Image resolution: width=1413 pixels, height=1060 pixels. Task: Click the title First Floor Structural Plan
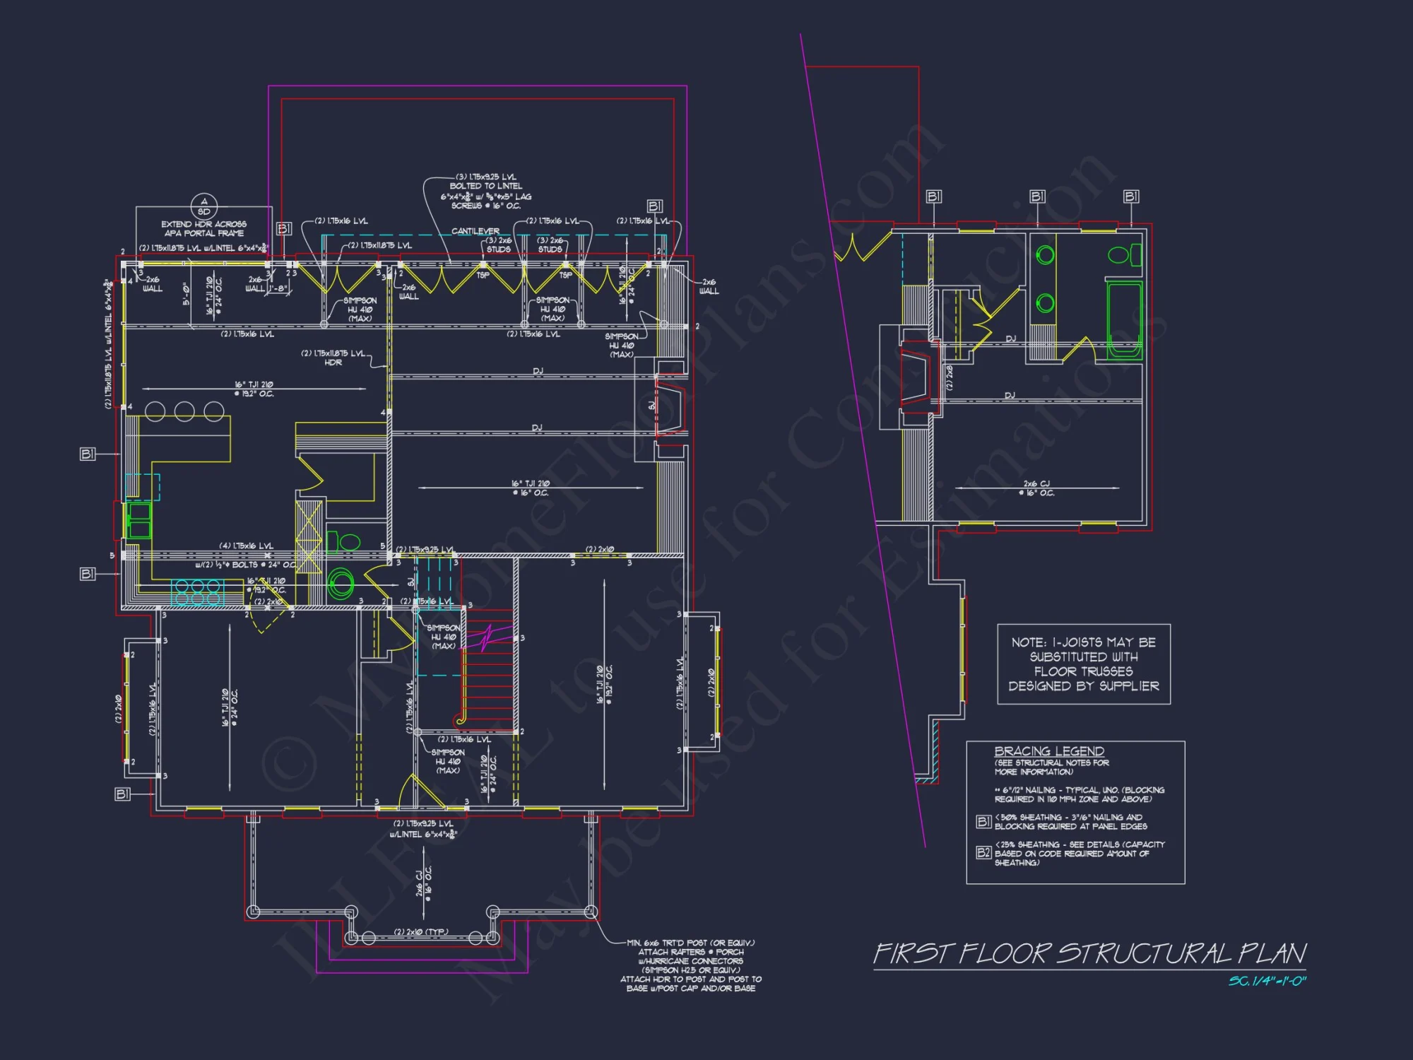coord(1089,953)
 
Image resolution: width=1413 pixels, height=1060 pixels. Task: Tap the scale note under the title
coord(1267,981)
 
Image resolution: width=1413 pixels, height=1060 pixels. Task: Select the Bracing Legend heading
coord(1048,751)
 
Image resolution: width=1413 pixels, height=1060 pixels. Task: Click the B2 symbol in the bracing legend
coord(983,852)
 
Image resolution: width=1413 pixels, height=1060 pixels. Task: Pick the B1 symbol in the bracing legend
coord(983,821)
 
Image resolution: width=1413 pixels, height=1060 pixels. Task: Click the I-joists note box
coord(1083,664)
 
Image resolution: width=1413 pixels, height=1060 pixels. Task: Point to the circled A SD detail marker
coord(204,206)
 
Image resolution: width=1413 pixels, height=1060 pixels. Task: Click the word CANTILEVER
coord(475,231)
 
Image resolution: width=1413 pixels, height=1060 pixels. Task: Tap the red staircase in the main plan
coord(488,671)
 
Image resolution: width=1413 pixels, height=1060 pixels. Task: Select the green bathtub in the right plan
coord(1123,319)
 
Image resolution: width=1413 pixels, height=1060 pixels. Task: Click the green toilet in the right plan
coord(1123,254)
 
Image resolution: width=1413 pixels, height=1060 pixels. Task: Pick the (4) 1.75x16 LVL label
coord(246,546)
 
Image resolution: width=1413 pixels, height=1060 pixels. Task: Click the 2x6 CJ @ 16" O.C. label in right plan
coord(1036,488)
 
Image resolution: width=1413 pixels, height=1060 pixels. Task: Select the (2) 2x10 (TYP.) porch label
coord(420,931)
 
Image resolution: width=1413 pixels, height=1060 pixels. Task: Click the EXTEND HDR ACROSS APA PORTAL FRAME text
coord(203,228)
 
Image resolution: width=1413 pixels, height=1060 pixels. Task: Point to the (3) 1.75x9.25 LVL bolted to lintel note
coord(486,191)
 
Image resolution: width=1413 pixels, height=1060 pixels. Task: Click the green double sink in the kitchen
coord(138,520)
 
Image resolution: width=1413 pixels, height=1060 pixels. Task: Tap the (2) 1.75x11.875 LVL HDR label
coord(333,358)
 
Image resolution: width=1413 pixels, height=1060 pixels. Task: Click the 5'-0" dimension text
coord(187,293)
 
